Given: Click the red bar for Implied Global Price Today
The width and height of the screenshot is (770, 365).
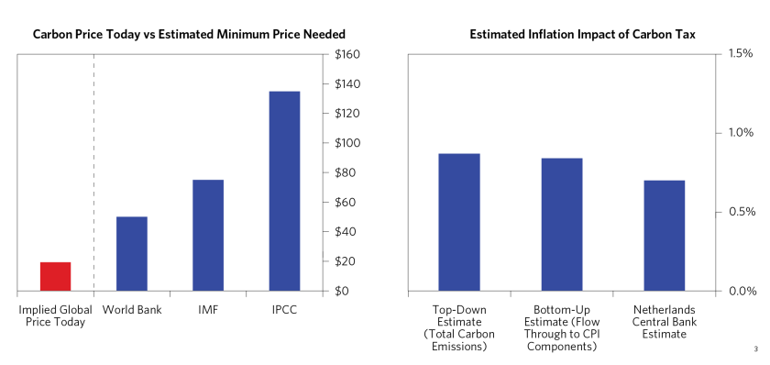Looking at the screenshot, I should [x=55, y=276].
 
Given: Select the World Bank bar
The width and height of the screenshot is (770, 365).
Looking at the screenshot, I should [x=131, y=254].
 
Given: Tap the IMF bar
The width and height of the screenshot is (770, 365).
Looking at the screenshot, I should [x=207, y=236].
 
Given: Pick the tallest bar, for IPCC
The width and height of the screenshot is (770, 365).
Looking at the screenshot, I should [x=284, y=191].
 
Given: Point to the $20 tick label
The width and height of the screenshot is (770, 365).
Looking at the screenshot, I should [x=346, y=261].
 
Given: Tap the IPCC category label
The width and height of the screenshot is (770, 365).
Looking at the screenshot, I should [x=283, y=310].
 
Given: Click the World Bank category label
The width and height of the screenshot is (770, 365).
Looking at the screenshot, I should [x=132, y=310].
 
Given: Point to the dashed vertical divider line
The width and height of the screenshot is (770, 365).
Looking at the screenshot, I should [x=93, y=174].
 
